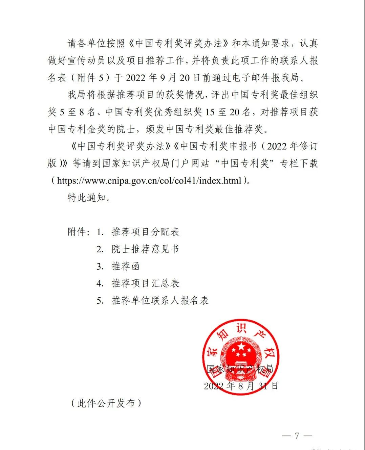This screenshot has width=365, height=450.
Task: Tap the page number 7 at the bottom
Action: (x=297, y=435)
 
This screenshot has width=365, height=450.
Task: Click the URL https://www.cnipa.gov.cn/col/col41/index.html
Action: (x=149, y=180)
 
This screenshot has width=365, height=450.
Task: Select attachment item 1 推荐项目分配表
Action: (x=145, y=232)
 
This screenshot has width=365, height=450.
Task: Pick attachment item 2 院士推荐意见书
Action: (x=145, y=249)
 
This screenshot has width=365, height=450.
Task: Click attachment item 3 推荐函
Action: (x=126, y=266)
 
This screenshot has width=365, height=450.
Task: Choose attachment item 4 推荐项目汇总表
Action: (x=145, y=283)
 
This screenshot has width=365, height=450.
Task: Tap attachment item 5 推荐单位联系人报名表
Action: (x=160, y=300)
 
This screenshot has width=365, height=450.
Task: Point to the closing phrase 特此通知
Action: (x=87, y=198)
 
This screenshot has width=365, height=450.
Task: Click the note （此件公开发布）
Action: (x=106, y=403)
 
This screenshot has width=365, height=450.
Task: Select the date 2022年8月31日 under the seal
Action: (x=241, y=386)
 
